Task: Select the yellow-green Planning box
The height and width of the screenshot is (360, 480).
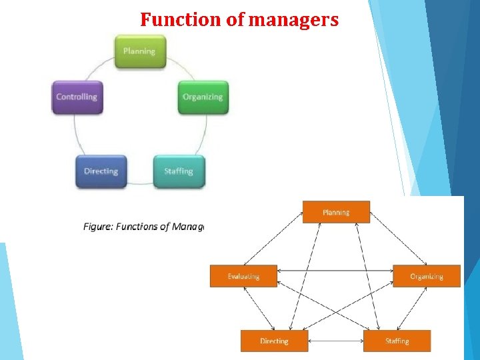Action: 139,51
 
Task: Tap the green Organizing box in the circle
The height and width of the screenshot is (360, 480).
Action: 203,97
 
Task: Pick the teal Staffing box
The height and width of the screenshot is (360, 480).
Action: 179,171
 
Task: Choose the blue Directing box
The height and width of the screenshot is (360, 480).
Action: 101,171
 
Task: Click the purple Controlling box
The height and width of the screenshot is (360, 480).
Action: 77,97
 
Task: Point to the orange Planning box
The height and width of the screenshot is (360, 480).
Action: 336,212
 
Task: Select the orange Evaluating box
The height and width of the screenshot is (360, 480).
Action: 243,276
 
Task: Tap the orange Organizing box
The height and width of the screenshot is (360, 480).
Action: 427,276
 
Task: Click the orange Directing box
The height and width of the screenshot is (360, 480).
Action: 274,341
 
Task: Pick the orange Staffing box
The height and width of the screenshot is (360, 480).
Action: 397,341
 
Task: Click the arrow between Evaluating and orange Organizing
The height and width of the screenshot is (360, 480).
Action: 335,270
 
